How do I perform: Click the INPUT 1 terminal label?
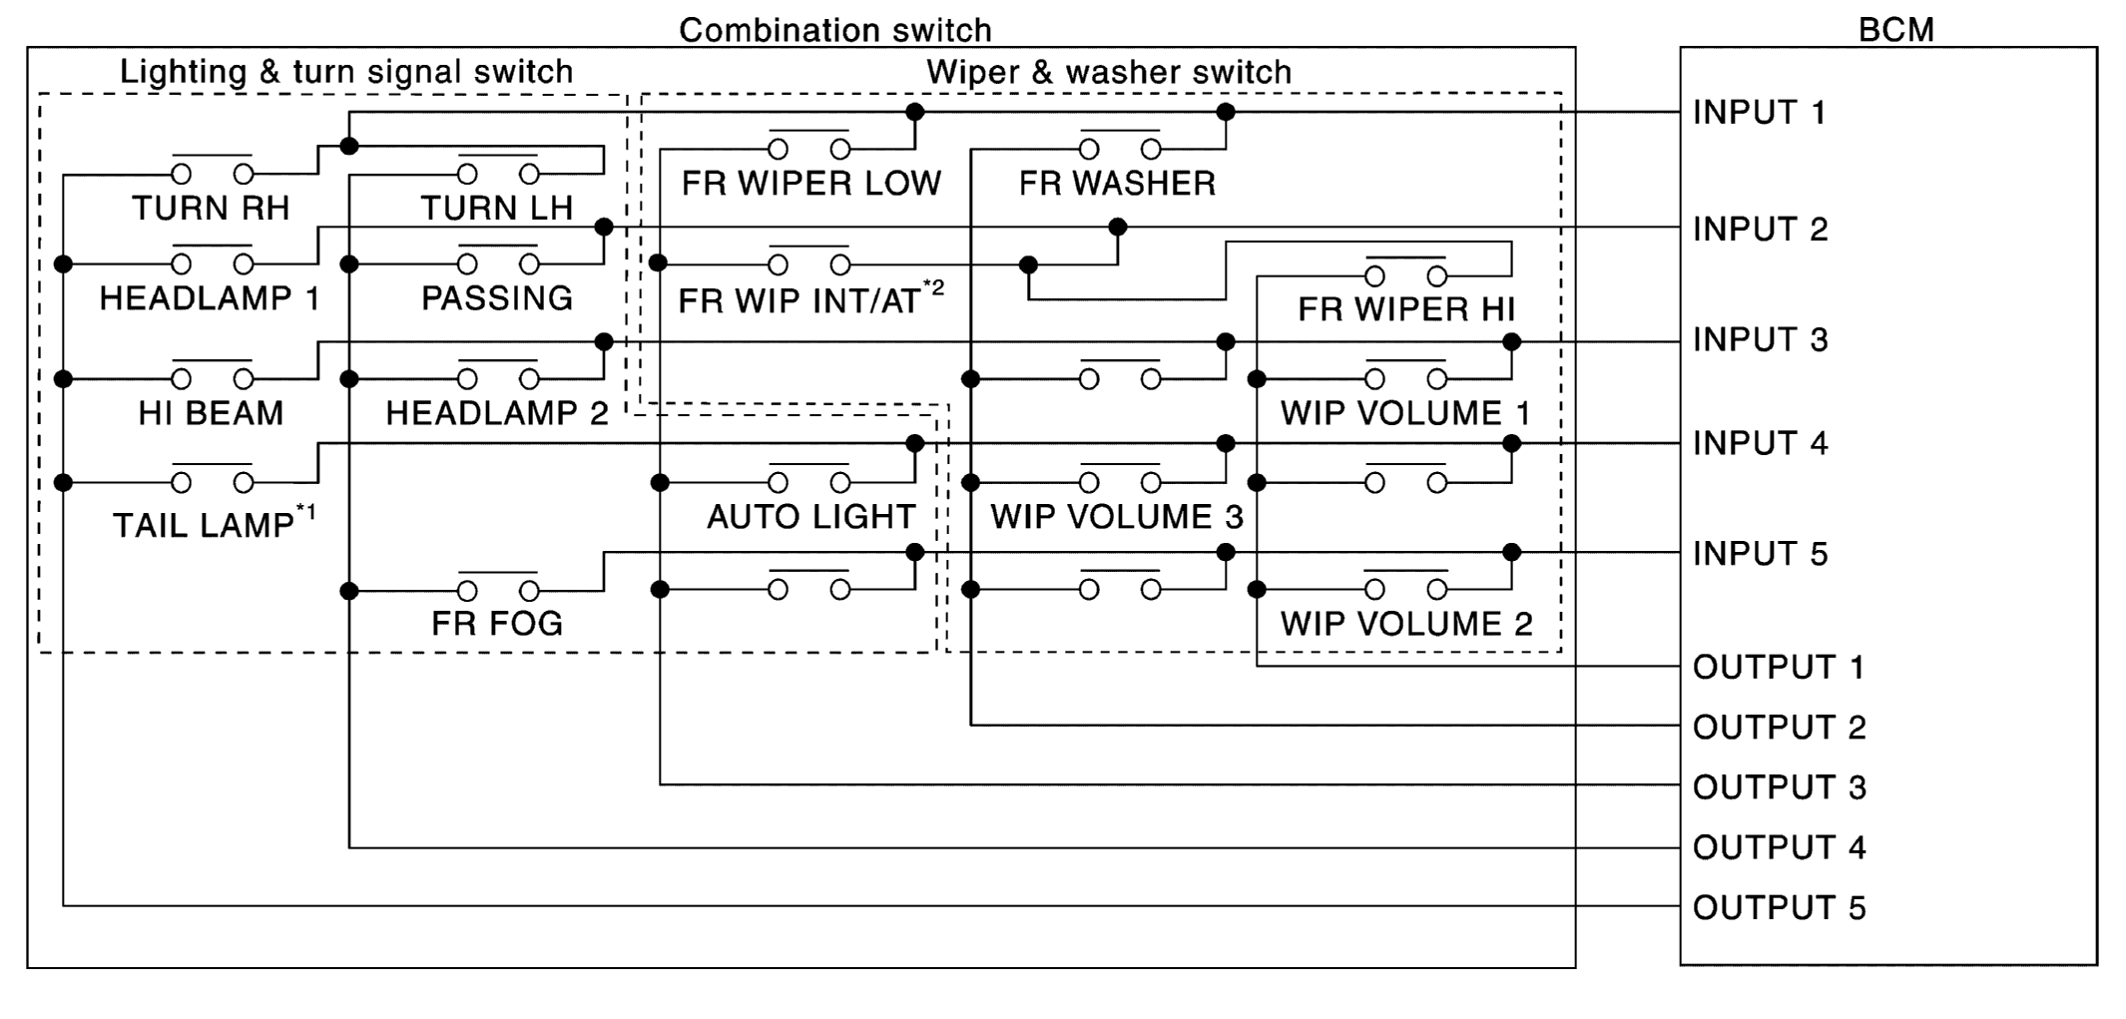[x=1759, y=113]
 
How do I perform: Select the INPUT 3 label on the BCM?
[x=1760, y=340]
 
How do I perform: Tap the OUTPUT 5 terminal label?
[x=1779, y=908]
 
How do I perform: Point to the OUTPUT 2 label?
[x=1779, y=728]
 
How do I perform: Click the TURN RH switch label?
[x=211, y=209]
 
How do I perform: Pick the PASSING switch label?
[x=497, y=298]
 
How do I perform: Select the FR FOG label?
[x=497, y=624]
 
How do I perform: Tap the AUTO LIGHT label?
[x=810, y=517]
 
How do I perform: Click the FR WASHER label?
[x=1117, y=184]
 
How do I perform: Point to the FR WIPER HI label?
[x=1405, y=309]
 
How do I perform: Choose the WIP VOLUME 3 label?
[x=1117, y=517]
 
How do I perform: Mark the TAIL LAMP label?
[x=204, y=525]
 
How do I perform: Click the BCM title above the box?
[x=1895, y=30]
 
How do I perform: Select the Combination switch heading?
[x=834, y=30]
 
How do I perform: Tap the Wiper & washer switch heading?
[x=1109, y=72]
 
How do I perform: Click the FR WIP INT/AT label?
[x=799, y=300]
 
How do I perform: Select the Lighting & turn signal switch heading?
[x=346, y=72]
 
